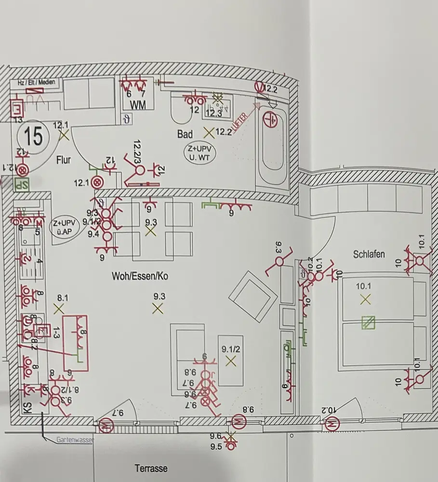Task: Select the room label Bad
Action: point(185,134)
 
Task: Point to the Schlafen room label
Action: point(369,254)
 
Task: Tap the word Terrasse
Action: point(150,468)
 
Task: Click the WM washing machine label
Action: point(134,104)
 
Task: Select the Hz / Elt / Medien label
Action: point(36,82)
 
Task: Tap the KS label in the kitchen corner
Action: point(27,409)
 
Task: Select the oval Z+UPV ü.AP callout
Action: point(65,226)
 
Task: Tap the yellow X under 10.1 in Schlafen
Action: point(366,299)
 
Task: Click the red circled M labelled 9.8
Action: point(238,422)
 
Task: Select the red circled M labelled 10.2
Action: point(332,425)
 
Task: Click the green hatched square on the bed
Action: point(369,322)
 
